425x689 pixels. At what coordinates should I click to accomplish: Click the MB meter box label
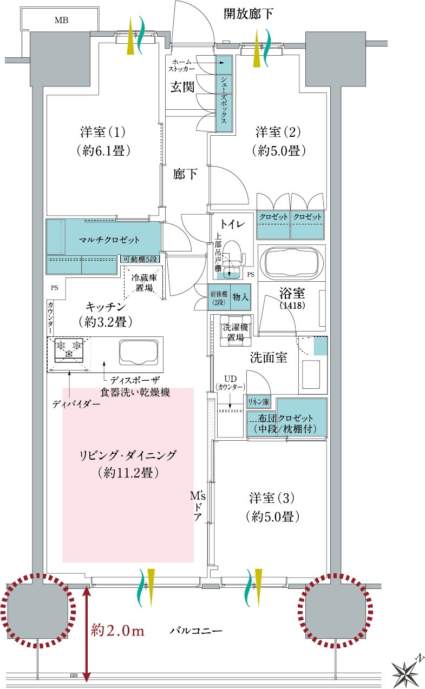(x=61, y=21)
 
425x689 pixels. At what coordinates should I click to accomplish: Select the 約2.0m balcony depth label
(x=117, y=631)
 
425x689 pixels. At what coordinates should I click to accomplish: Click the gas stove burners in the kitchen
(x=69, y=350)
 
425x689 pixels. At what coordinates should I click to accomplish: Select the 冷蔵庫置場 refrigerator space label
(x=144, y=283)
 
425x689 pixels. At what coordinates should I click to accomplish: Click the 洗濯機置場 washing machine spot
(x=236, y=331)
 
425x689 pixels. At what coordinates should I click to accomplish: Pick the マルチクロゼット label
(x=109, y=240)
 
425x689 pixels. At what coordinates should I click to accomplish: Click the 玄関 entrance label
(x=182, y=87)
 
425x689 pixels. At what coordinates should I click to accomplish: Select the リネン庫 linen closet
(x=258, y=402)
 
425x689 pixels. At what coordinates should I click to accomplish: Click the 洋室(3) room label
(x=272, y=498)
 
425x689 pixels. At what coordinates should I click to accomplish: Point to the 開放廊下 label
(x=248, y=14)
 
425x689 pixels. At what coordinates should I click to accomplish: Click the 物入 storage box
(x=240, y=297)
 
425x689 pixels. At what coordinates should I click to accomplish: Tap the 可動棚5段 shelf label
(x=140, y=259)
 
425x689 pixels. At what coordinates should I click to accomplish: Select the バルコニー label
(x=196, y=631)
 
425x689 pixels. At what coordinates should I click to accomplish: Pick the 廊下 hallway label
(x=185, y=174)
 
